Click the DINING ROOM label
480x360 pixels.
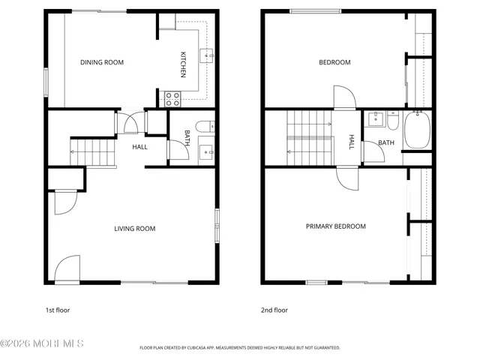[x=102, y=62]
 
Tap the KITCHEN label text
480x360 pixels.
[x=182, y=64]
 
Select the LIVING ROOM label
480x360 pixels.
[x=135, y=229]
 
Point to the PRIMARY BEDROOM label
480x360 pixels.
[x=335, y=226]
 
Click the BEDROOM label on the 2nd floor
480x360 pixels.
[x=334, y=62]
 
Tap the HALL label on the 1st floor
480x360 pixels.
[x=139, y=147]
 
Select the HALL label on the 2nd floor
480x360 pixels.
[x=351, y=142]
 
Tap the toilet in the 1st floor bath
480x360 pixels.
[x=204, y=125]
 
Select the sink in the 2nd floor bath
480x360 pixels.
[x=375, y=120]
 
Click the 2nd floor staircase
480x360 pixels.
[x=310, y=136]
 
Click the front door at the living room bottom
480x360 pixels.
[x=67, y=268]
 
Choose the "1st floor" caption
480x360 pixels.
[x=58, y=310]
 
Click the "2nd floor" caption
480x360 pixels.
[x=274, y=310]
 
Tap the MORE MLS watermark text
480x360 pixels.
[x=43, y=344]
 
